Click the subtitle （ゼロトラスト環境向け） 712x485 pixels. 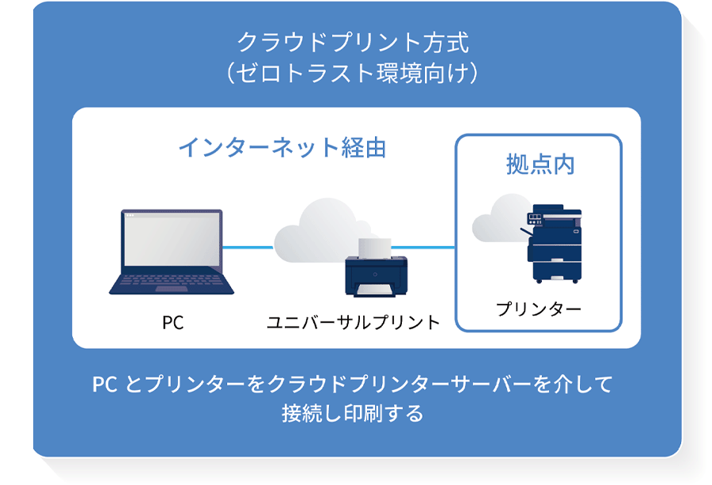[353, 73]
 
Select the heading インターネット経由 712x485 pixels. [282, 147]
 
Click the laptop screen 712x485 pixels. [171, 241]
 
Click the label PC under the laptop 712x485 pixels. [172, 322]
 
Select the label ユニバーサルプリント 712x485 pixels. [353, 322]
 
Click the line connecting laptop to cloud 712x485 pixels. [248, 248]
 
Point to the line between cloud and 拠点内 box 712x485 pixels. [431, 248]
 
